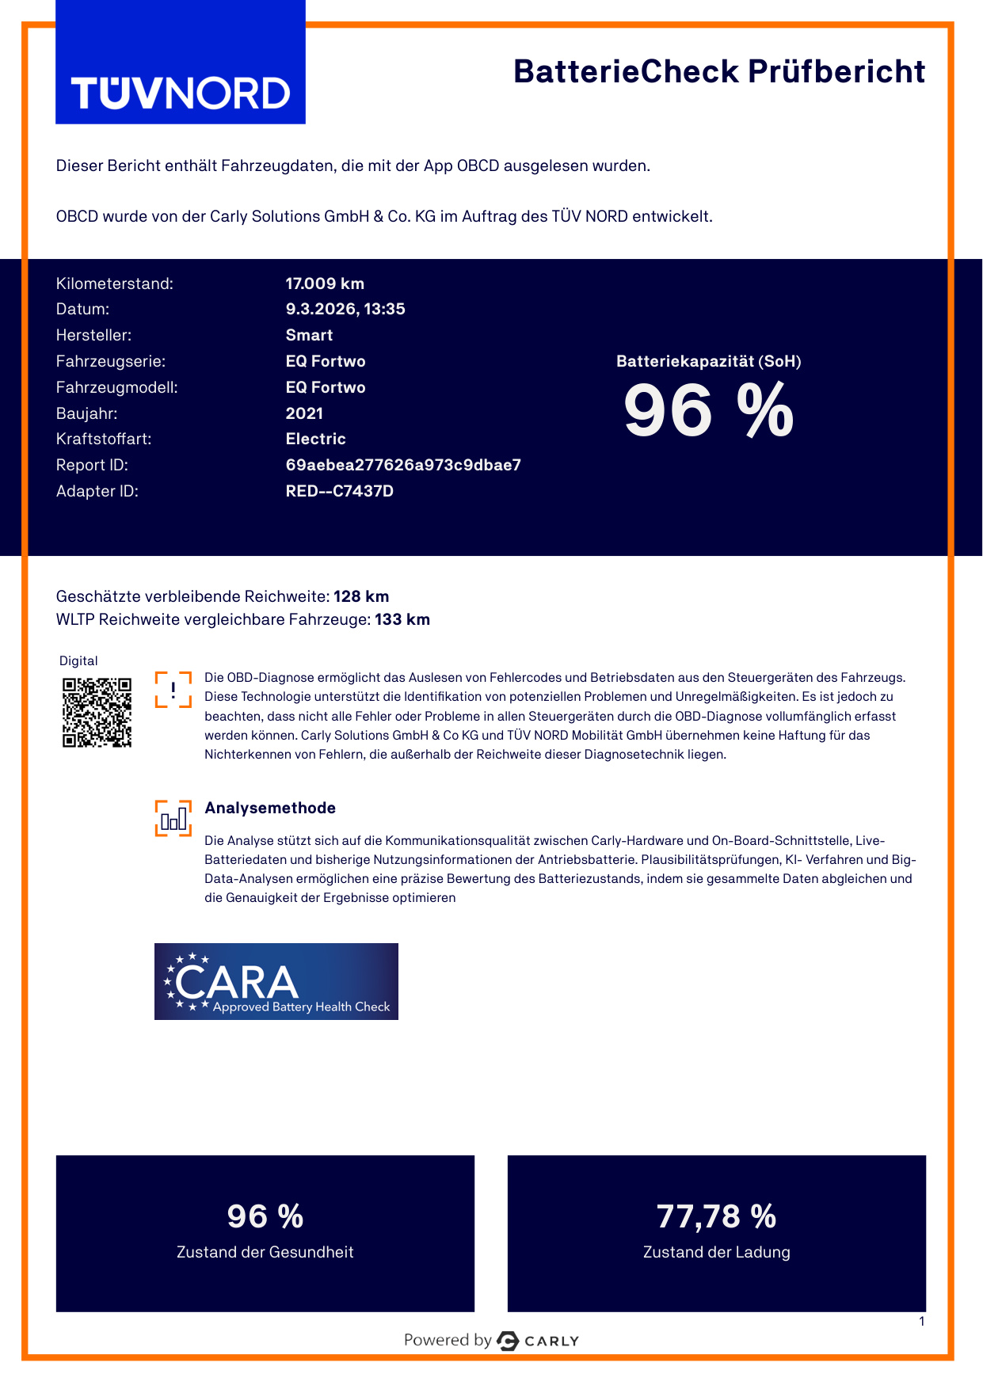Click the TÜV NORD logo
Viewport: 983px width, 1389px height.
(181, 93)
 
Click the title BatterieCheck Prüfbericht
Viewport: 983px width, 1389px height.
(718, 71)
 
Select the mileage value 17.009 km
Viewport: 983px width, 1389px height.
(325, 284)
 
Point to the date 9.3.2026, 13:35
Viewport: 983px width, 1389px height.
(345, 309)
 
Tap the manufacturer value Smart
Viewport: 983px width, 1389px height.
(309, 335)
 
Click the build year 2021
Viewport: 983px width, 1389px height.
(304, 413)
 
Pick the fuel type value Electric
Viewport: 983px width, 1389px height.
(315, 439)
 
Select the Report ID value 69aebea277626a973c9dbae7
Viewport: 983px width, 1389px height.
(403, 465)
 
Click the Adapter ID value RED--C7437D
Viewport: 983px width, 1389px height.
(339, 491)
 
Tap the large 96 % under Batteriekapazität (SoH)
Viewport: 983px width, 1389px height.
(708, 410)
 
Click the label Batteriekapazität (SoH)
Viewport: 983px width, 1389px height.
(708, 361)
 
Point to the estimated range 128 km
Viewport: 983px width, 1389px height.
(361, 596)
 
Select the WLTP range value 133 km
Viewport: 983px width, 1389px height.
(402, 619)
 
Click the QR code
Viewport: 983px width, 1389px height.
(97, 712)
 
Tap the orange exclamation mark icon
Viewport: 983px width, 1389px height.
(173, 689)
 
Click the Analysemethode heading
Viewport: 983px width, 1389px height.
(270, 808)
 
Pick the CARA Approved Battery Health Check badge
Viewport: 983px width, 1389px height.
(276, 981)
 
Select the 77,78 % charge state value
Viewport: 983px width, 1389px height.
(716, 1216)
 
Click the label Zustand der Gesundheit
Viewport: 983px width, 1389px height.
(265, 1252)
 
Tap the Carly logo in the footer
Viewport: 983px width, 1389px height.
(539, 1341)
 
